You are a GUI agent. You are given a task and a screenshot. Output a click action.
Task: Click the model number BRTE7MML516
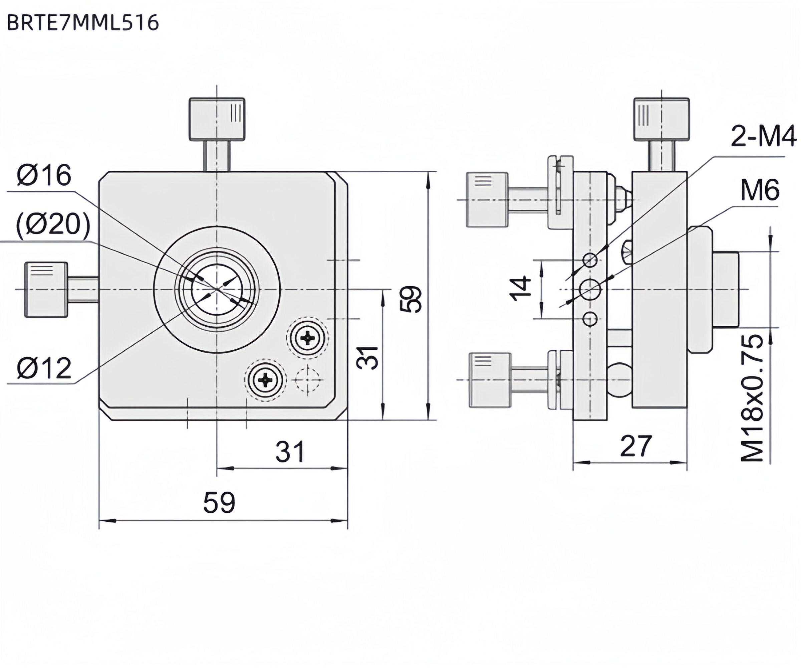[x=83, y=23]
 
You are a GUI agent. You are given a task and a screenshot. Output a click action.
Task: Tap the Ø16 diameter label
[x=44, y=175]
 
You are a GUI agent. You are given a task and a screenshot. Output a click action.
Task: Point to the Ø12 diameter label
[x=44, y=368]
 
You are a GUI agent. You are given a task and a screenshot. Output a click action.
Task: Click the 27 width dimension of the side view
[x=635, y=446]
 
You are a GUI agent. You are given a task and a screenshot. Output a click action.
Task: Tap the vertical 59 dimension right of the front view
[x=412, y=299]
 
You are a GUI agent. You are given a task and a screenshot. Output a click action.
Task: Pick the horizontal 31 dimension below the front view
[x=290, y=452]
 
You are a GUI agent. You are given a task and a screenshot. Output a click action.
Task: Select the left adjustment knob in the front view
[x=46, y=289]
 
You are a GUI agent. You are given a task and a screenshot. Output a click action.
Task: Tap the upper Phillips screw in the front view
[x=307, y=337]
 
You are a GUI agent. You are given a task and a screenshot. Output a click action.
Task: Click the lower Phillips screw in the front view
[x=265, y=380]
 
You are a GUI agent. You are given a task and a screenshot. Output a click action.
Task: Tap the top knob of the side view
[x=661, y=119]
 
